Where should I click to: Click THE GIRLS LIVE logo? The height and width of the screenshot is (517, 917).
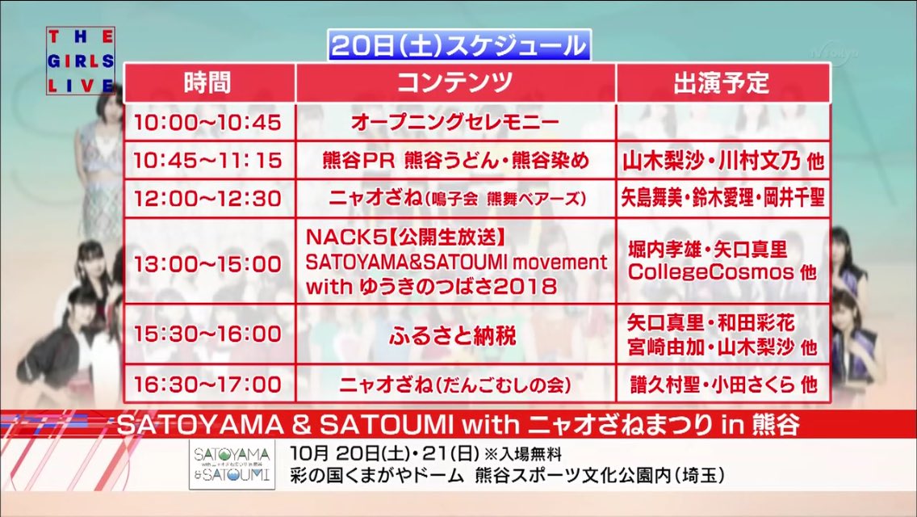pyautogui.click(x=81, y=61)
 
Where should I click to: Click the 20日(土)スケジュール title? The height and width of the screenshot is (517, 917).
pyautogui.click(x=459, y=46)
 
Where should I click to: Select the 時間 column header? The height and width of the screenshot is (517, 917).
pyautogui.click(x=209, y=82)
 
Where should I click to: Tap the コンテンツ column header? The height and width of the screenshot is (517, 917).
pyautogui.click(x=455, y=82)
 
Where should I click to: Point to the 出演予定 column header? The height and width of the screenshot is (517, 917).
pyautogui.click(x=722, y=82)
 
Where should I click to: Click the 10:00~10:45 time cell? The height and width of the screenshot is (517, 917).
pyautogui.click(x=209, y=122)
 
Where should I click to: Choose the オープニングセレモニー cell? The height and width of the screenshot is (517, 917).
pyautogui.click(x=455, y=122)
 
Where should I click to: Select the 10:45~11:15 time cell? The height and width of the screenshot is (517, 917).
pyautogui.click(x=209, y=160)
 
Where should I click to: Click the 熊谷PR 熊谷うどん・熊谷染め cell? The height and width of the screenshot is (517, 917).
pyautogui.click(x=455, y=160)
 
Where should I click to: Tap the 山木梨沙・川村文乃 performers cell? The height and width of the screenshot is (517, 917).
pyautogui.click(x=722, y=161)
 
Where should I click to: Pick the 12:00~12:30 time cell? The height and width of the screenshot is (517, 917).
pyautogui.click(x=209, y=199)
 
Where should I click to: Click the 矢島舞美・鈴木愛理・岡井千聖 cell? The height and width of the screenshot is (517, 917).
pyautogui.click(x=722, y=199)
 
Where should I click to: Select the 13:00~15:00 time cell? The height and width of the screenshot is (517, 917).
pyautogui.click(x=209, y=263)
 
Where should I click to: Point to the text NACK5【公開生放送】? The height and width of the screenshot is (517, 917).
pyautogui.click(x=405, y=237)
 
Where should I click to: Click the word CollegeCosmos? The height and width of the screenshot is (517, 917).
pyautogui.click(x=710, y=271)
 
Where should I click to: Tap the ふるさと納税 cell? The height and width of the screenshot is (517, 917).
pyautogui.click(x=455, y=335)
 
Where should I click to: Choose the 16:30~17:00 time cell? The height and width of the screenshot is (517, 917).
pyautogui.click(x=209, y=384)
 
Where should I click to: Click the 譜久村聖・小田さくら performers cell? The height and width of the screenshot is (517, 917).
pyautogui.click(x=722, y=384)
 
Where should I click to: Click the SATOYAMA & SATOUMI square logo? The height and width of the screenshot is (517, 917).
pyautogui.click(x=232, y=464)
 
